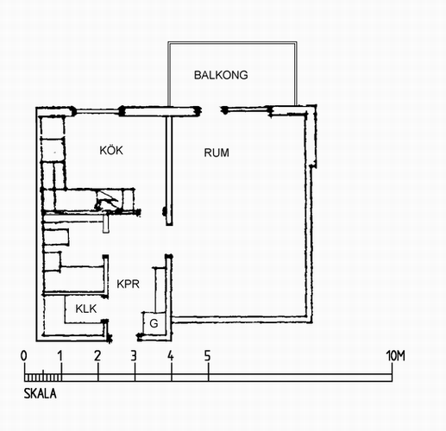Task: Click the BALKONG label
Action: (x=221, y=75)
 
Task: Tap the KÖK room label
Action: (x=111, y=150)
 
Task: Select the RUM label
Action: (x=217, y=153)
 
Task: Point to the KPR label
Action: (x=128, y=284)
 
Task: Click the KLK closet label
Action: (x=86, y=309)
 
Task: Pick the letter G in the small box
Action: (x=154, y=323)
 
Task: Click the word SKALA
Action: (x=40, y=393)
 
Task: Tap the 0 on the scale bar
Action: (x=24, y=356)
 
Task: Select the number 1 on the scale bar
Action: (x=60, y=356)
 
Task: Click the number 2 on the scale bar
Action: (x=97, y=356)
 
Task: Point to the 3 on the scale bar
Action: (x=134, y=356)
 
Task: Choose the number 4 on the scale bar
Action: (x=171, y=356)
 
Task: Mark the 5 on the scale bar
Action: (x=208, y=356)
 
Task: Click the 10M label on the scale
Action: (x=395, y=356)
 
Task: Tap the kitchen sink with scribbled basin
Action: (x=107, y=200)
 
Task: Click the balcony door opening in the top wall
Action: (x=211, y=110)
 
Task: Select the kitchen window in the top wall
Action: (x=97, y=111)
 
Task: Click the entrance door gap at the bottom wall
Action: (x=124, y=337)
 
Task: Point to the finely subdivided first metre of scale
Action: (x=43, y=377)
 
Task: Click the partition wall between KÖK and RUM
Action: (x=169, y=171)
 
